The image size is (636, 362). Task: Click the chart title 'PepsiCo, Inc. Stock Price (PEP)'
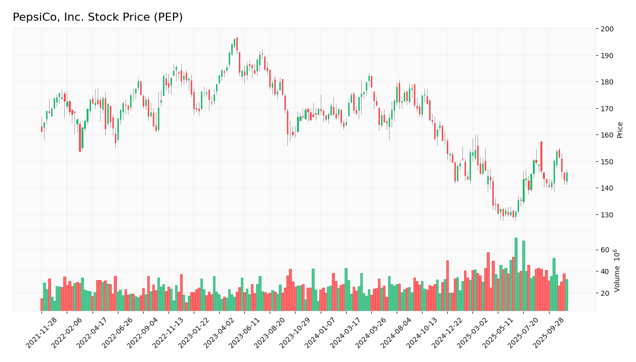(98, 18)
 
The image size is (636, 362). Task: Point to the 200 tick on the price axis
(607, 29)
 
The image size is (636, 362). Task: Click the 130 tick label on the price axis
(607, 215)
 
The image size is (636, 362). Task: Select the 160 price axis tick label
(607, 135)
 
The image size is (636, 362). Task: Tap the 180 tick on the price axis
(607, 82)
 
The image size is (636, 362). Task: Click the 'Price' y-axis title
(620, 129)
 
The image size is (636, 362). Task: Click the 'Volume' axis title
(617, 270)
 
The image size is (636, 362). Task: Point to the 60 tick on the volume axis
(605, 250)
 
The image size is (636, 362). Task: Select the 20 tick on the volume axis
(605, 293)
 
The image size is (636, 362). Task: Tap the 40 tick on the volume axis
(605, 271)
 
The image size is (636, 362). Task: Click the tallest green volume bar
(516, 274)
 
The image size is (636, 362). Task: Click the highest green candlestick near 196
(234, 42)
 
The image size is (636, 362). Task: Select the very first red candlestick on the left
(41, 129)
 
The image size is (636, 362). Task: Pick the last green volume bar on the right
(567, 295)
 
